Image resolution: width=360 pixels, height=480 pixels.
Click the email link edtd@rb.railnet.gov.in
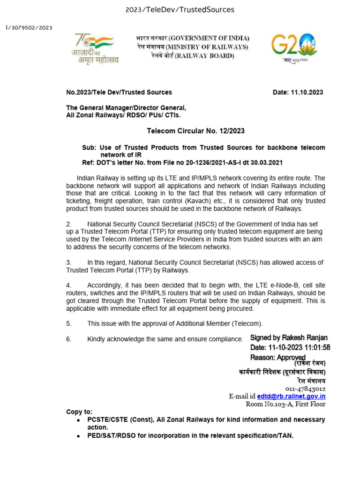click(x=291, y=396)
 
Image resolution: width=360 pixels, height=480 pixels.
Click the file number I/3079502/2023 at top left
click(x=29, y=28)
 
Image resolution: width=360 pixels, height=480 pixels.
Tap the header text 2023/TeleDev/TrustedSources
click(x=180, y=10)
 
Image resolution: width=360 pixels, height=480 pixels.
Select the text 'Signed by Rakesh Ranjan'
click(x=289, y=337)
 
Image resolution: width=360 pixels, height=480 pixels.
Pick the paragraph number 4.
click(x=68, y=285)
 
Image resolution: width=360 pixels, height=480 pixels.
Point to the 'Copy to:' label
click(x=79, y=412)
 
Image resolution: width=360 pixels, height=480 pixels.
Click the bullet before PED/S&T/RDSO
click(x=78, y=436)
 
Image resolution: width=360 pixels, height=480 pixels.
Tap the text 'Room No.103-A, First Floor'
click(x=285, y=404)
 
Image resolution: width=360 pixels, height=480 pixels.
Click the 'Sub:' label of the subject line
click(x=89, y=148)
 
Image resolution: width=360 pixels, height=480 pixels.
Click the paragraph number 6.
click(x=68, y=339)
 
